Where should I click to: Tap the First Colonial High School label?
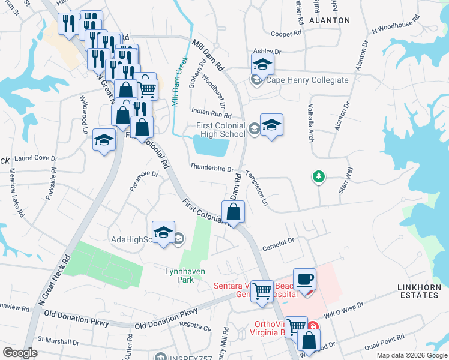coord(221,130)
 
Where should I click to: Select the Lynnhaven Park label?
coord(185,275)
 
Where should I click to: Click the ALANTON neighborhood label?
coord(329,20)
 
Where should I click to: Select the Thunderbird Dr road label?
coord(211,167)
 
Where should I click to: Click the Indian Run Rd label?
coord(211,113)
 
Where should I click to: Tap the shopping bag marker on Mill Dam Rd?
coord(233,212)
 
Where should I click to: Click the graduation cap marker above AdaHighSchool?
coord(163,233)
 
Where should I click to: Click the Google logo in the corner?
coord(20,353)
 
